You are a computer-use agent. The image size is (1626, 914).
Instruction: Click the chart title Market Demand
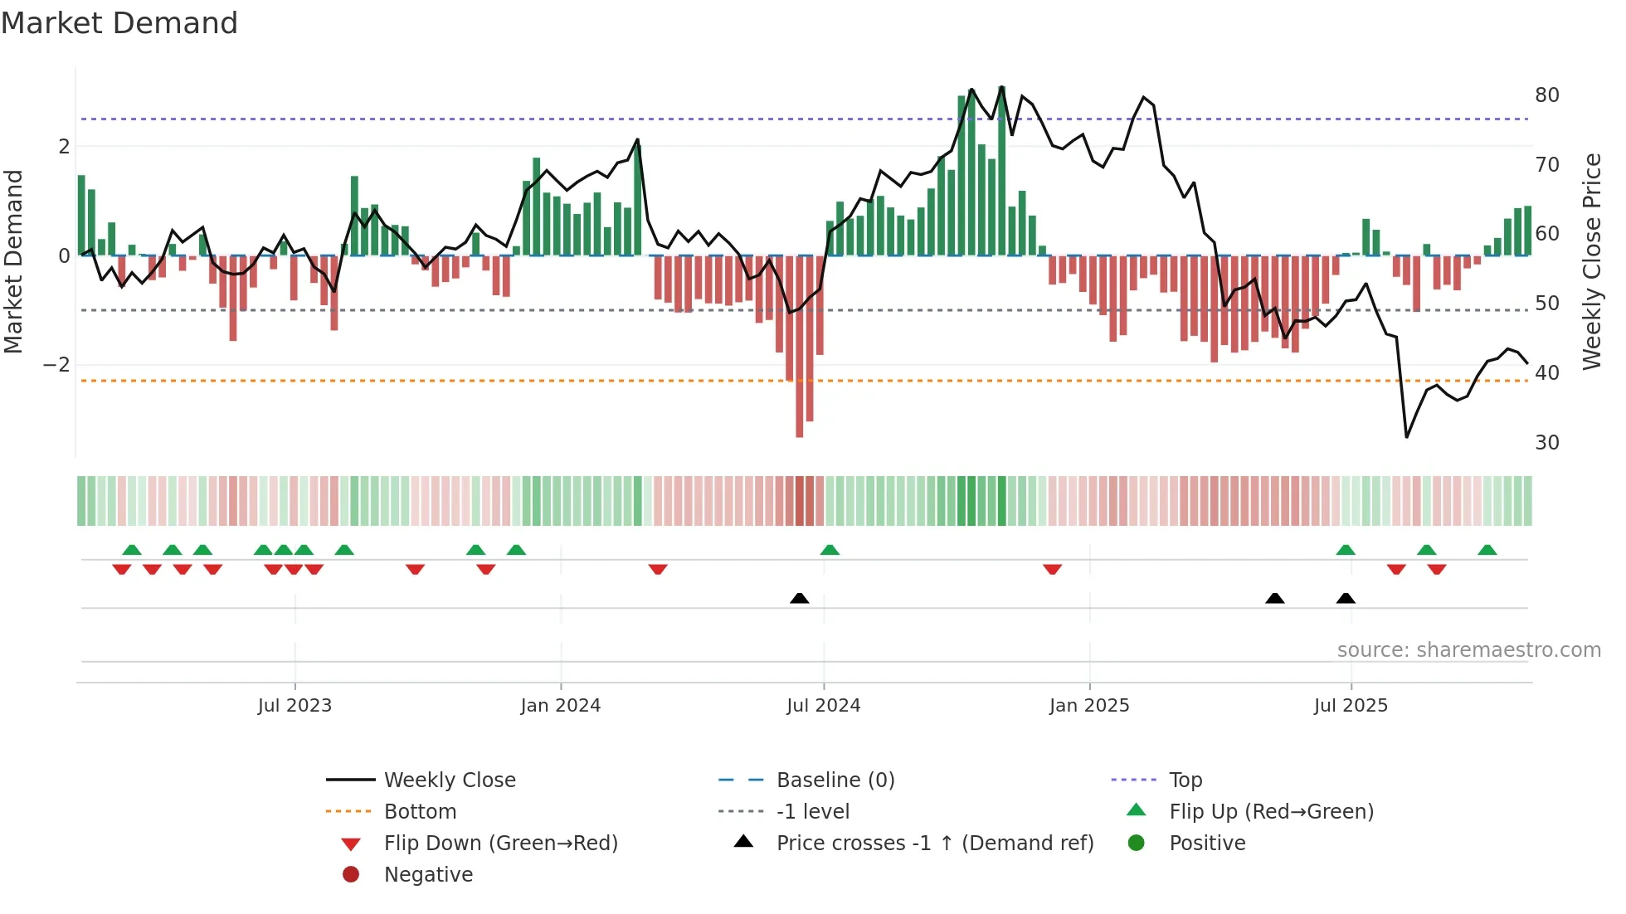(x=119, y=23)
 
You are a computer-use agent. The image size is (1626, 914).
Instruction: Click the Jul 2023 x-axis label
(x=295, y=706)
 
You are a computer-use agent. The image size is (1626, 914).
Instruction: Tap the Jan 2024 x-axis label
(x=561, y=706)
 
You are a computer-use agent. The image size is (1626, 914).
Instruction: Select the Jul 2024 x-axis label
(x=824, y=706)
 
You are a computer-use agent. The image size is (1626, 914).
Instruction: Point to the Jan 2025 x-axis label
(x=1089, y=706)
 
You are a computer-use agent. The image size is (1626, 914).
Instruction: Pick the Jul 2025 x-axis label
(x=1351, y=706)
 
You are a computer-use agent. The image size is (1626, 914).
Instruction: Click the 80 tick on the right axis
(x=1547, y=95)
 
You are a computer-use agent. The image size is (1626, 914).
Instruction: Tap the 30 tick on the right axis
(x=1547, y=443)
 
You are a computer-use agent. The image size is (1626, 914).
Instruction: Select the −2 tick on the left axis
(x=56, y=365)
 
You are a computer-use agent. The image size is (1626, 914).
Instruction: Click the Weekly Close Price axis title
(x=1592, y=261)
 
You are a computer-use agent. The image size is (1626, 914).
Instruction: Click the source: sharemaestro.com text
(x=1468, y=650)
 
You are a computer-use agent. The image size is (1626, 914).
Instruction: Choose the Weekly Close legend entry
(x=450, y=780)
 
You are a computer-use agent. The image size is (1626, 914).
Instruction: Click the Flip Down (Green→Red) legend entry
(x=500, y=844)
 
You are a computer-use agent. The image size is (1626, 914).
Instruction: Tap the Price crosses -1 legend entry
(x=934, y=844)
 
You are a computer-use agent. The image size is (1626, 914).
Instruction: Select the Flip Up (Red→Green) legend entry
(x=1271, y=812)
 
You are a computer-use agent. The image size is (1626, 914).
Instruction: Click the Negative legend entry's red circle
(x=351, y=875)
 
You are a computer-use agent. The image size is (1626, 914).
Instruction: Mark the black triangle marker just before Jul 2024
(x=800, y=598)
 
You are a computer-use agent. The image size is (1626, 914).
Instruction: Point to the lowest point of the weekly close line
(x=1407, y=436)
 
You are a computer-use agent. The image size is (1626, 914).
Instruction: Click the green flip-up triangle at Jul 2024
(x=830, y=550)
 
